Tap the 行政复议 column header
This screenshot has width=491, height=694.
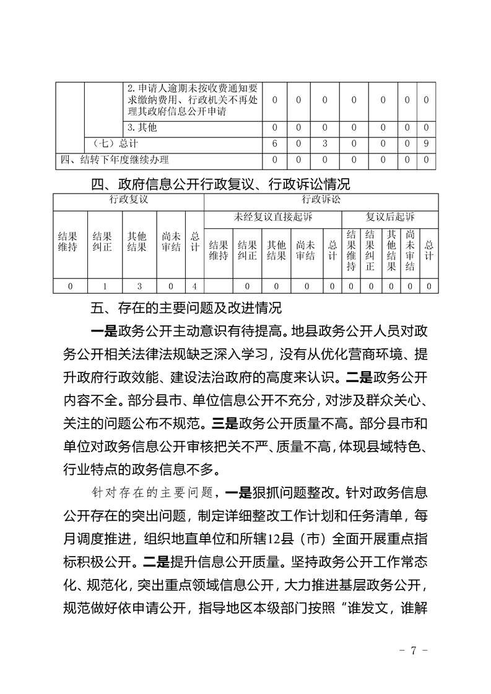129,200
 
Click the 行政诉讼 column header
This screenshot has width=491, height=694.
321,200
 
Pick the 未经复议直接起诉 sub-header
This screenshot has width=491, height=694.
273,218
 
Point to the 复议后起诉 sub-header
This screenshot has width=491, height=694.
390,218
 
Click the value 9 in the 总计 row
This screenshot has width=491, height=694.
427,144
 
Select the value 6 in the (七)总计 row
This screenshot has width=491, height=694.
274,144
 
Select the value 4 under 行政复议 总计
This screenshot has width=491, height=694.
194,286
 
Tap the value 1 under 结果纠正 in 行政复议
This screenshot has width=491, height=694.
103,286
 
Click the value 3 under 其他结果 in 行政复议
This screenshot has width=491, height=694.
137,286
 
